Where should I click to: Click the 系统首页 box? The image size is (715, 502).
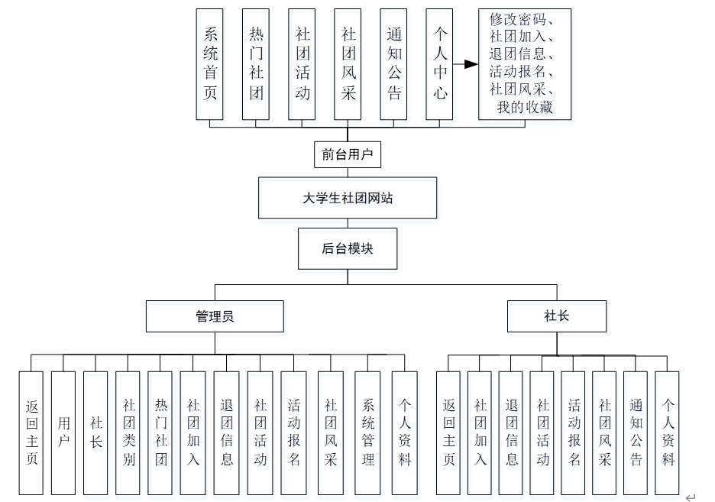click(209, 64)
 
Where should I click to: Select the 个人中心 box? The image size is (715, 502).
click(439, 64)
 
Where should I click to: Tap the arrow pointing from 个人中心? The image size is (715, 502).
click(465, 64)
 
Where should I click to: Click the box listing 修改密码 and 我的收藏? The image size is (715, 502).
click(524, 64)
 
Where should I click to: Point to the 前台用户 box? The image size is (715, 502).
click(348, 154)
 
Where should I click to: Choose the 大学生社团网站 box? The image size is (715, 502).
click(348, 198)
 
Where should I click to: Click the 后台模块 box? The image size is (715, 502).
click(348, 248)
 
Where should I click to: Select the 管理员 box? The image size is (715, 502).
click(215, 316)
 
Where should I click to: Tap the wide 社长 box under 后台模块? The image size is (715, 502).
click(557, 316)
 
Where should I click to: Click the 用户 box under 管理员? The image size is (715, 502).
click(63, 432)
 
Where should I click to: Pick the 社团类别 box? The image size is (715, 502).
click(128, 432)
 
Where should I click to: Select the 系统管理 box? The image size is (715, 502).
click(367, 432)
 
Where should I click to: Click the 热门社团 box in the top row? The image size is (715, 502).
click(255, 64)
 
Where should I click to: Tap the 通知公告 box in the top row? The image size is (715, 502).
click(393, 64)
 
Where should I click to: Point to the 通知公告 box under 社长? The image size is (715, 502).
click(636, 432)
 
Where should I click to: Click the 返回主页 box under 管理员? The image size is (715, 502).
click(31, 432)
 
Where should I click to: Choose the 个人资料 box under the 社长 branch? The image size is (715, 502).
click(667, 432)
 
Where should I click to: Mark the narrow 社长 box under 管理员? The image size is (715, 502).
click(95, 432)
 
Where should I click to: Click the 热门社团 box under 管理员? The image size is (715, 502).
click(160, 432)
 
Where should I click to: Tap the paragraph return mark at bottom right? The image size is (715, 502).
click(691, 497)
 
